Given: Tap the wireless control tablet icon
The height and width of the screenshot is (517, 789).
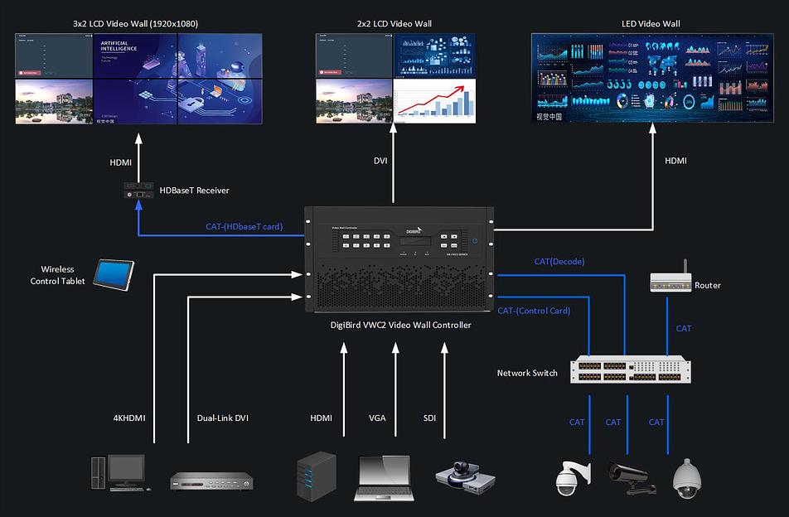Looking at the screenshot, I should [x=113, y=274].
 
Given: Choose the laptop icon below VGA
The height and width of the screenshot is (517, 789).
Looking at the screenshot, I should [x=384, y=478].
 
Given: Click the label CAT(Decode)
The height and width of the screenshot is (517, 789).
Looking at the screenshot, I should [x=559, y=262].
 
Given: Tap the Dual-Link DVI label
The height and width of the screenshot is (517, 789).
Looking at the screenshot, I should [x=223, y=418].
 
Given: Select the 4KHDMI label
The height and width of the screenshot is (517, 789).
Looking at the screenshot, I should [x=128, y=418].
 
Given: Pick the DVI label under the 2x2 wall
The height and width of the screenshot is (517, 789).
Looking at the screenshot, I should [x=380, y=161].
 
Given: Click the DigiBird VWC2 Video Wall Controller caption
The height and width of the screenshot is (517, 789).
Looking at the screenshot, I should [x=399, y=326].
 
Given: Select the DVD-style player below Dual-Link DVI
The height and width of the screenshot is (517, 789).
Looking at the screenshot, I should [x=211, y=481].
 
